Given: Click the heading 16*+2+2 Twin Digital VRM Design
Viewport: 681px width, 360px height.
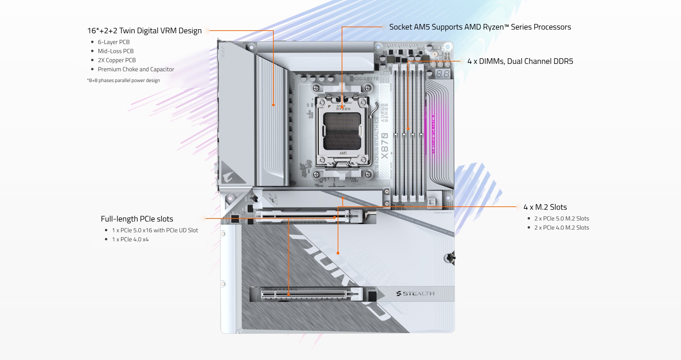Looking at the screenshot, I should [x=144, y=31].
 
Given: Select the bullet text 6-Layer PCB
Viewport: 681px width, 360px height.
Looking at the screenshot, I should [x=113, y=42].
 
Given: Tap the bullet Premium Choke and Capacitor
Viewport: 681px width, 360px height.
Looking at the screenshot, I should [x=136, y=69].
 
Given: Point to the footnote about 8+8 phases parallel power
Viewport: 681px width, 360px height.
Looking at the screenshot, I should [x=123, y=80].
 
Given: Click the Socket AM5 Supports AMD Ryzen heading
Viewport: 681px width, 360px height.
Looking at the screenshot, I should [x=480, y=27].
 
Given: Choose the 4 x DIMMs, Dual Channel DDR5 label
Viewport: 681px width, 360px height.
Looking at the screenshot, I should [x=520, y=61].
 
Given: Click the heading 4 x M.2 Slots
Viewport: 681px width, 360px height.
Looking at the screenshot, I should [x=545, y=207].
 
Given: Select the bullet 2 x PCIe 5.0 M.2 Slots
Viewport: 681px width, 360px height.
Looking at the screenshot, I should [x=561, y=218].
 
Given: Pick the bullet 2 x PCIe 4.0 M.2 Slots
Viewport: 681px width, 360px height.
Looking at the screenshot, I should [x=561, y=228].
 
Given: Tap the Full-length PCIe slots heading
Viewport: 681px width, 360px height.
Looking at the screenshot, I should [x=137, y=219].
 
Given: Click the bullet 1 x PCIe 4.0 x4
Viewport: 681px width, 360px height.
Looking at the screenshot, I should [x=130, y=239].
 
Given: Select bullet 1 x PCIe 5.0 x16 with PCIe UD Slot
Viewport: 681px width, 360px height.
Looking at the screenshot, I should [x=155, y=230].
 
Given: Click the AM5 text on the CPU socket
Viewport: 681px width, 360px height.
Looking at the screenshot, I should [x=343, y=153].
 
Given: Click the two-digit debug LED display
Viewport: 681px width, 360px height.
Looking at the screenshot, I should [x=443, y=74].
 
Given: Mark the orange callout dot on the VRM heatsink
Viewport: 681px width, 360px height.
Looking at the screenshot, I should [x=273, y=105].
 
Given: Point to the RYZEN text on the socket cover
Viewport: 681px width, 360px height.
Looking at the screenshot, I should [x=343, y=109].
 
